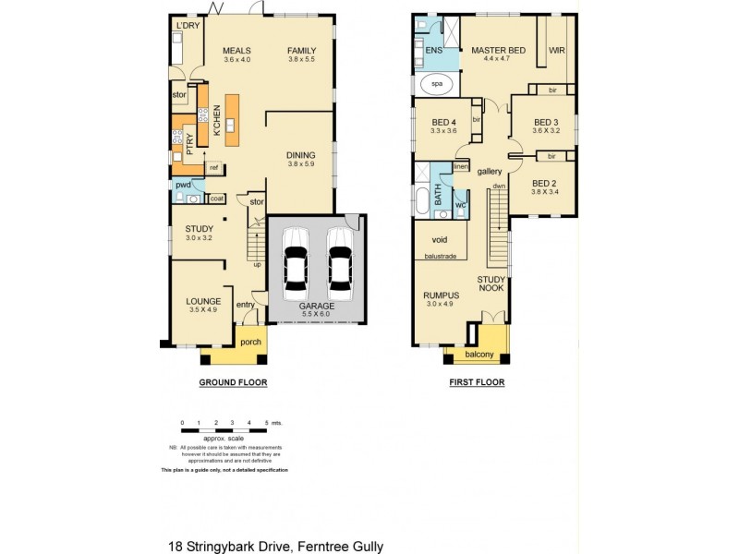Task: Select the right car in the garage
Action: [338, 260]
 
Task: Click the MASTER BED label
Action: [498, 50]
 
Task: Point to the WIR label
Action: [557, 50]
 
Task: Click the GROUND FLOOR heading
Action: [234, 381]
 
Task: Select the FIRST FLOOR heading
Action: [477, 381]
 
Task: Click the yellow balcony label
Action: [479, 355]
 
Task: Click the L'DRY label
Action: [188, 25]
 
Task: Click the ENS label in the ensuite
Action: [433, 50]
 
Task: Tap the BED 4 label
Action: [444, 123]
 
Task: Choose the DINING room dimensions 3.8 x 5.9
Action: [301, 165]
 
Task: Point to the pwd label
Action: [183, 185]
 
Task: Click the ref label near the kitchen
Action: [213, 167]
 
